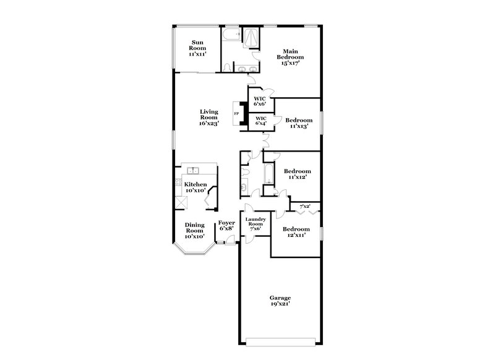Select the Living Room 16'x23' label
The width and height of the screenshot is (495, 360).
[x=209, y=118]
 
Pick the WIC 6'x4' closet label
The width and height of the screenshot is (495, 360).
[x=261, y=120]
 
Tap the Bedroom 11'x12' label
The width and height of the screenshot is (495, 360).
[x=298, y=174]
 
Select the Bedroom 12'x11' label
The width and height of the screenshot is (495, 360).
[x=296, y=232]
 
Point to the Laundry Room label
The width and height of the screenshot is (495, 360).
[x=255, y=223]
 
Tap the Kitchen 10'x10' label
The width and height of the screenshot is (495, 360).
[x=196, y=187]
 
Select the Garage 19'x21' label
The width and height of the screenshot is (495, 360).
[x=280, y=301]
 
